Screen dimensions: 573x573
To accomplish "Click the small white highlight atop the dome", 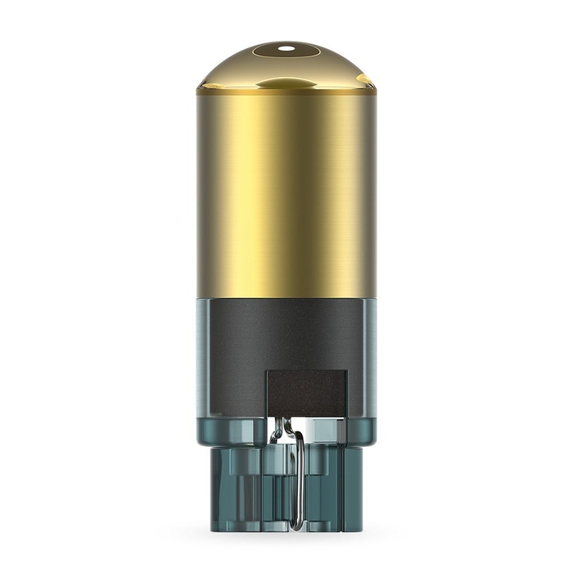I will (x=286, y=48).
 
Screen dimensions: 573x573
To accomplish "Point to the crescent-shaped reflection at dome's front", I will (x=286, y=83).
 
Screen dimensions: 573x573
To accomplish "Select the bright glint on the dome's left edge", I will (x=206, y=79).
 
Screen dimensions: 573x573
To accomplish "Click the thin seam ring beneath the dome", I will (x=286, y=92).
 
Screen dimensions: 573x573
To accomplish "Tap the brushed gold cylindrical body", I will (x=286, y=196).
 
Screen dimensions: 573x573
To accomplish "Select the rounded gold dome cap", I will (x=286, y=65).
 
